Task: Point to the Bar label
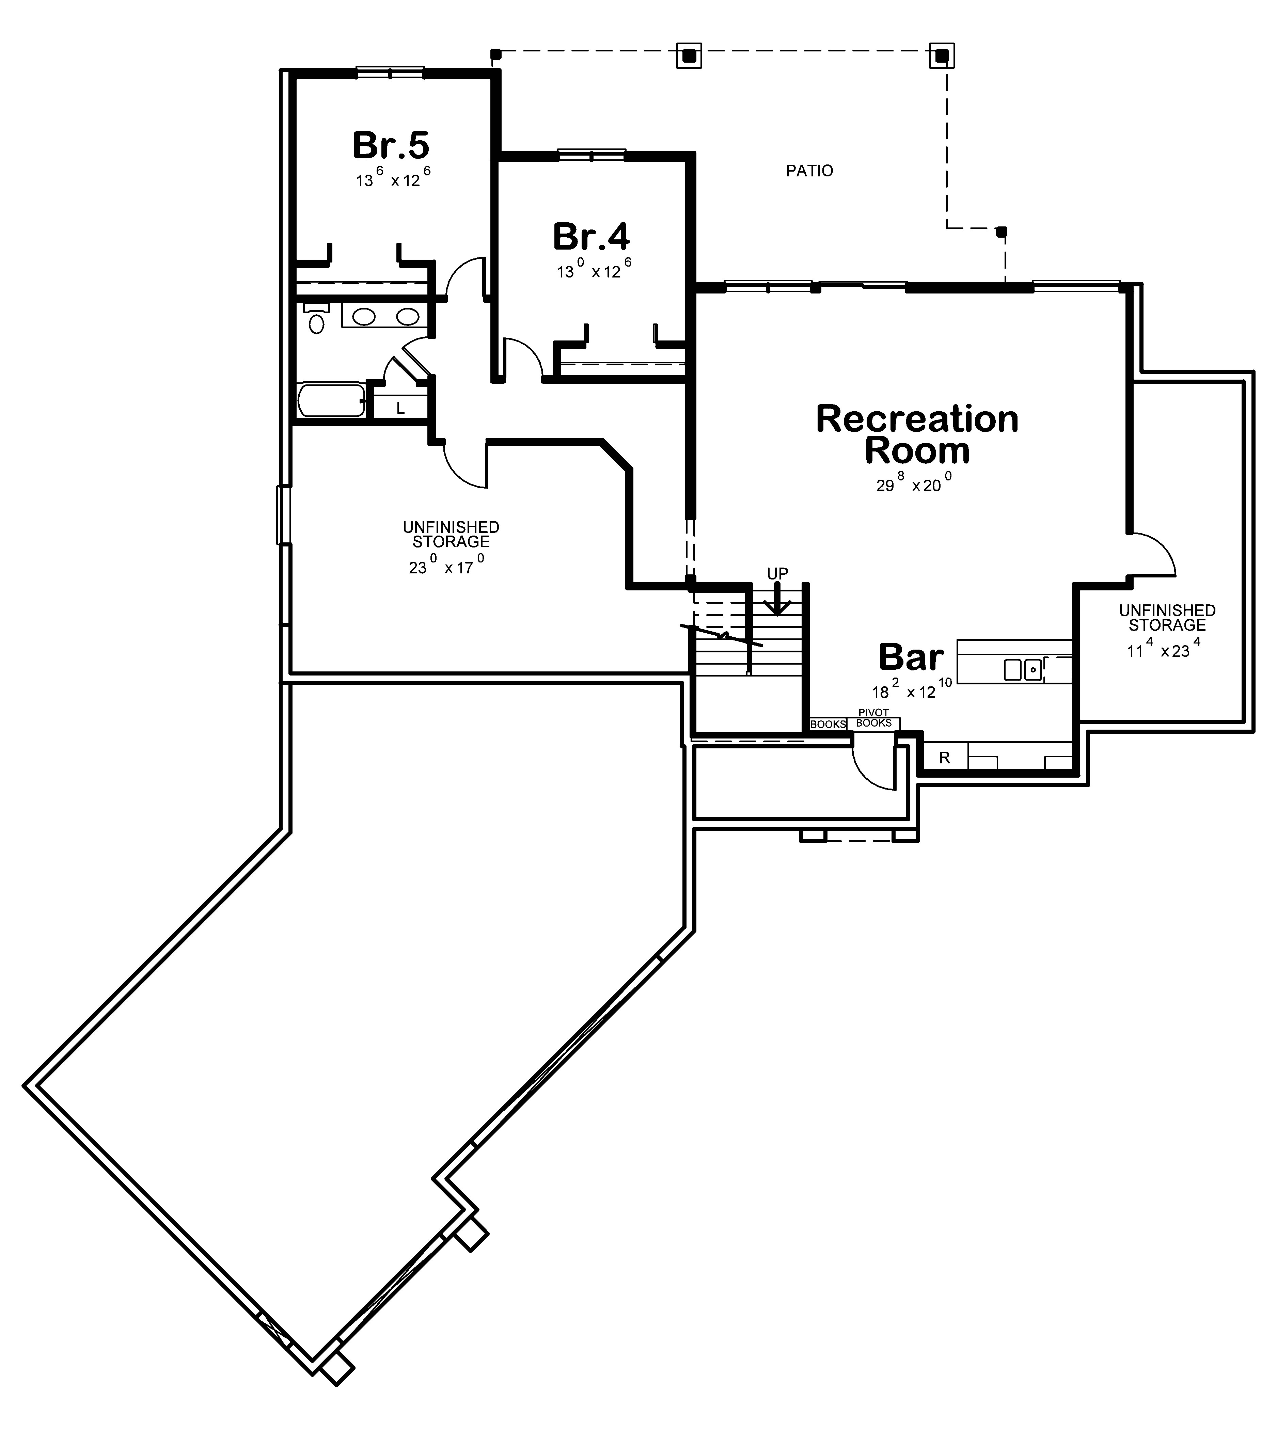(x=911, y=657)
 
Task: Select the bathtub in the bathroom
(x=330, y=400)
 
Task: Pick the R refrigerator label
(x=944, y=758)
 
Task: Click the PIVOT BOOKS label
(x=873, y=718)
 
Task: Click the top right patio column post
(x=942, y=55)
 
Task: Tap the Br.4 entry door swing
(x=523, y=358)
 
